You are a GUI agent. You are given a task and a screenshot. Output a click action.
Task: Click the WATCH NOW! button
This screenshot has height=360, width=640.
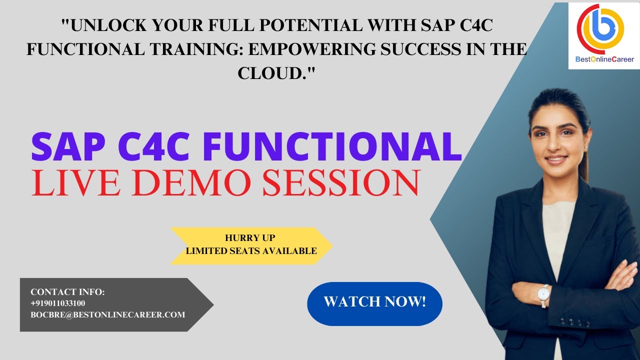[x=374, y=302]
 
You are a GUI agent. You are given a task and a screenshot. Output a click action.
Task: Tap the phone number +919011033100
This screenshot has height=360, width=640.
[x=57, y=303]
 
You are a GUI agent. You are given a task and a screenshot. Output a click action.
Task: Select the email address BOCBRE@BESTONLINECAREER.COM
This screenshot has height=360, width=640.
[x=107, y=315]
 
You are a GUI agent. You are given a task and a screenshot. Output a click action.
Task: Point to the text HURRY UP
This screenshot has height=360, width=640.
[x=250, y=238]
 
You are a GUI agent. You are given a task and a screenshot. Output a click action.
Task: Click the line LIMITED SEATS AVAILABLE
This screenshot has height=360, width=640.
[x=251, y=251]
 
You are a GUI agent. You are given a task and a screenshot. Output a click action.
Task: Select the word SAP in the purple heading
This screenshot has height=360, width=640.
[x=69, y=145]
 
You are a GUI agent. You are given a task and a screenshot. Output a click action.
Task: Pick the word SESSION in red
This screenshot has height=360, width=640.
[x=341, y=182]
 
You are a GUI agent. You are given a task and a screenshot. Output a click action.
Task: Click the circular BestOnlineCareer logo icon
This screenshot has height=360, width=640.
[x=600, y=28]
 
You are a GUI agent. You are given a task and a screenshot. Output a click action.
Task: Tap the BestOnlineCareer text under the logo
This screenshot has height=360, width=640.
[x=603, y=59]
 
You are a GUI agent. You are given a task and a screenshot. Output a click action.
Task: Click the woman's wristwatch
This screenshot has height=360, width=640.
[x=543, y=295]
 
